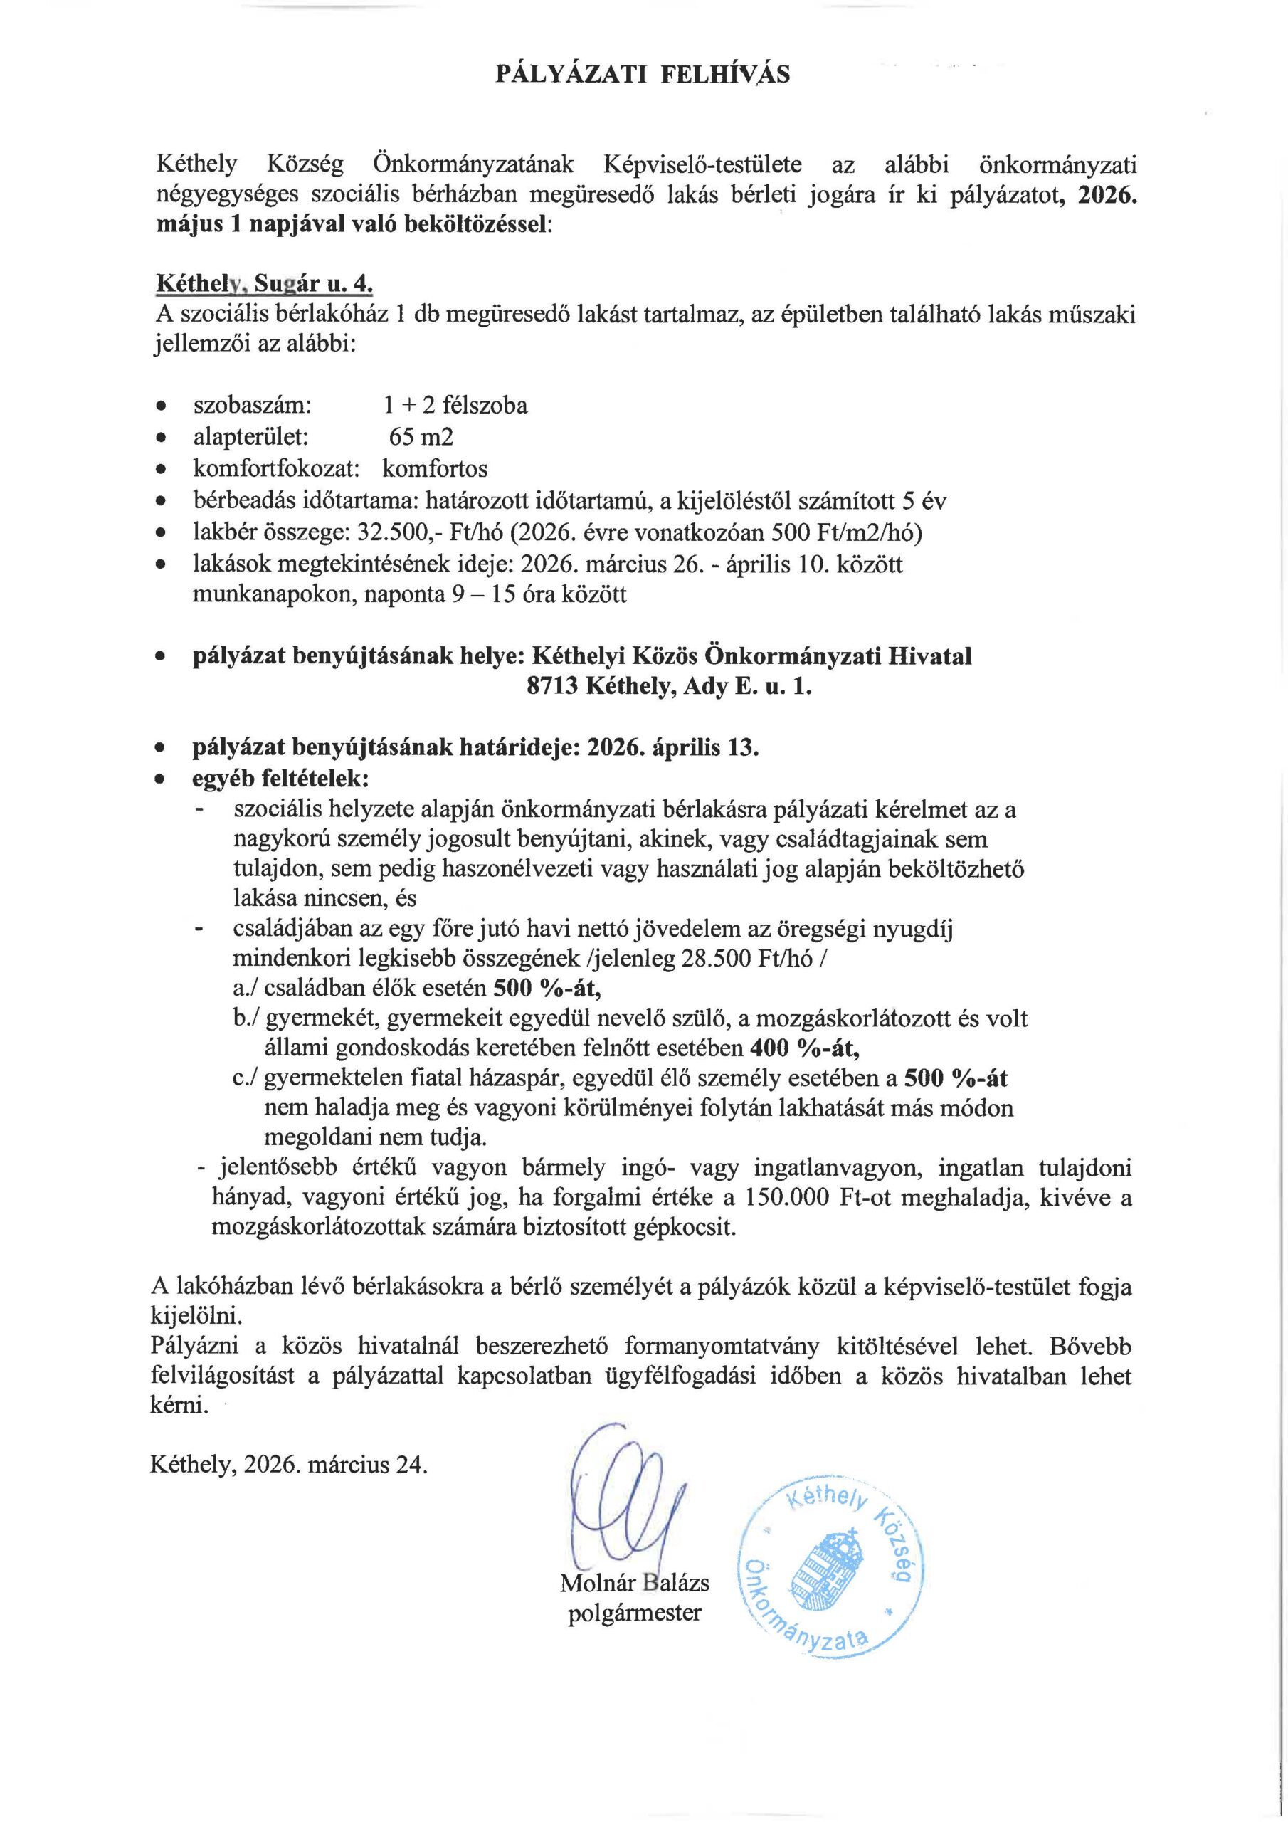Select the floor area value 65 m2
(421, 437)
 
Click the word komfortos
(435, 469)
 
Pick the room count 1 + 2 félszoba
(455, 406)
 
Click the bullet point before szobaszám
(162, 407)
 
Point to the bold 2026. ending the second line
(1107, 195)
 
